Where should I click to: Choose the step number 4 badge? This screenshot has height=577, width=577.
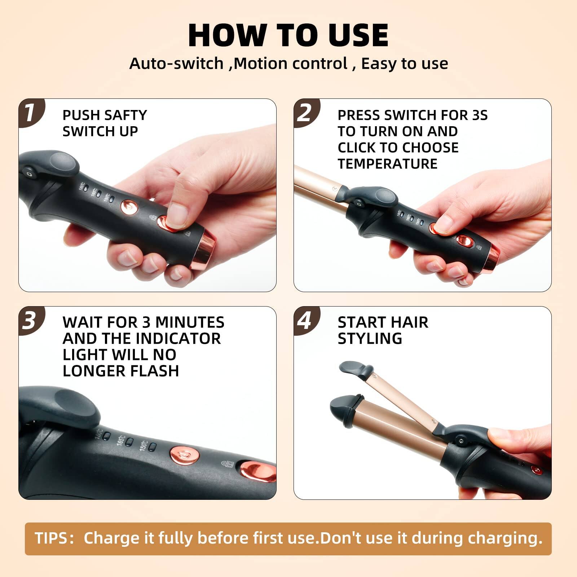click(305, 320)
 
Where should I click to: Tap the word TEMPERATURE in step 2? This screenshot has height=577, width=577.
click(387, 164)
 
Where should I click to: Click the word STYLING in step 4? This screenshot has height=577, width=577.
click(370, 338)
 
